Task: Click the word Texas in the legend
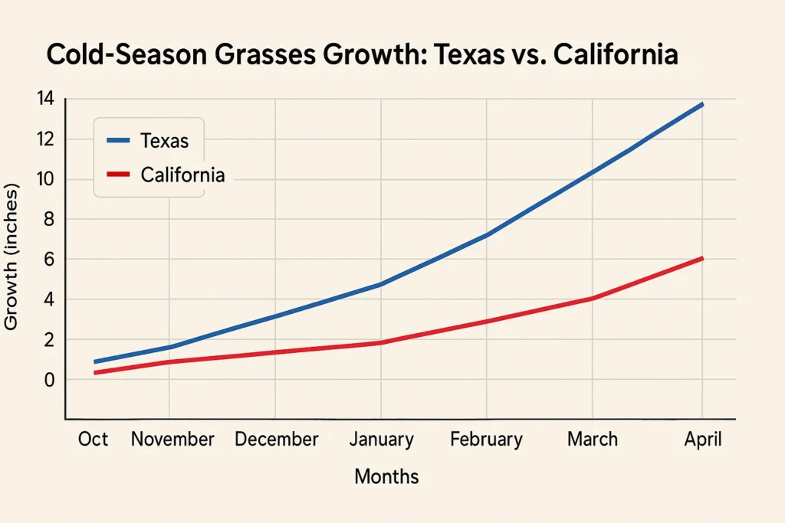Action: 164,141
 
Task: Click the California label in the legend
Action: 182,175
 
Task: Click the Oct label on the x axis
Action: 93,440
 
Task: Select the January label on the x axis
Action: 381,440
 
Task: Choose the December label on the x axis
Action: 276,440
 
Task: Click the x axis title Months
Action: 386,477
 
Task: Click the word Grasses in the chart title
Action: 275,57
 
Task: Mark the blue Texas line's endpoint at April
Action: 701,104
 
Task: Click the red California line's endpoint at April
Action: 701,259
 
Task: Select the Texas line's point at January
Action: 381,284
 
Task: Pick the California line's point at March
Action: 592,298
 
